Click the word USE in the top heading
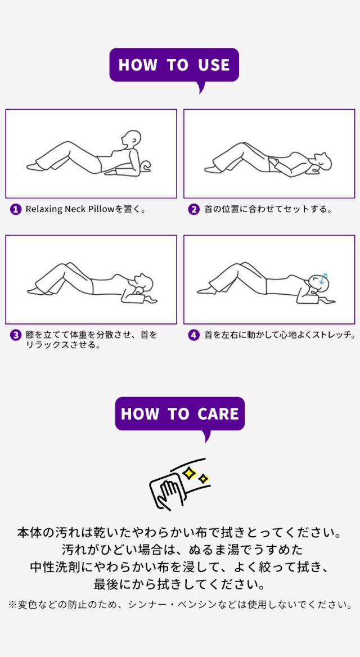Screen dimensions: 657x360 click(x=214, y=65)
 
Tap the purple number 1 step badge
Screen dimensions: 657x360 click(x=16, y=209)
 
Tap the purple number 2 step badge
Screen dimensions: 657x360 click(x=194, y=209)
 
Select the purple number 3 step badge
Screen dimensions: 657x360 click(x=16, y=335)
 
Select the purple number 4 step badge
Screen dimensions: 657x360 click(x=194, y=335)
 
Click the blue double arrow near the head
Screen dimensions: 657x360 click(x=323, y=278)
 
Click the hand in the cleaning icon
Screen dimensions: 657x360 click(x=168, y=494)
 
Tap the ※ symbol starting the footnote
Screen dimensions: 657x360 click(x=12, y=605)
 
